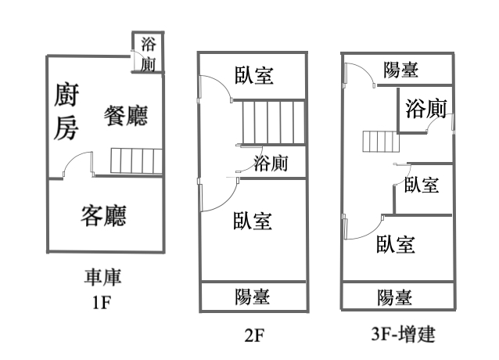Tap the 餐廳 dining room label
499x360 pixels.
[127, 115]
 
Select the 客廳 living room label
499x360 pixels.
[104, 214]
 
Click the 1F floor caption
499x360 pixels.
[102, 301]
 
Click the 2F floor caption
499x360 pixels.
[255, 336]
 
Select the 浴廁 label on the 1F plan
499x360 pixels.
[148, 54]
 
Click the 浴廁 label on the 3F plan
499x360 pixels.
[426, 110]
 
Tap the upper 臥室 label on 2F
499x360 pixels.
[254, 75]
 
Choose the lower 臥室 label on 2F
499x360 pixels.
[253, 221]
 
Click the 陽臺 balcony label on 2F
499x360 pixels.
[253, 297]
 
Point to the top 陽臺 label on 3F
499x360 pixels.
[401, 70]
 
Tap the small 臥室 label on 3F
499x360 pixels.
[421, 185]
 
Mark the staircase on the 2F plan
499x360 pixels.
[271, 122]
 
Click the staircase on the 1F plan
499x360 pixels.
[136, 161]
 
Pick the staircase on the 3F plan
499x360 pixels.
[376, 143]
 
